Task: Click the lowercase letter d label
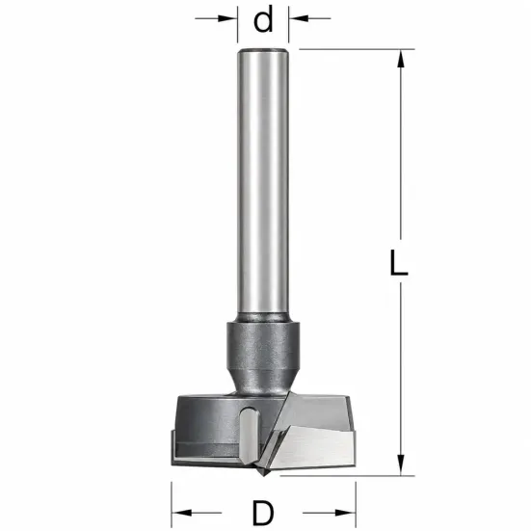263,20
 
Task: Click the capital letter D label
263,513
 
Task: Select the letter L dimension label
399,262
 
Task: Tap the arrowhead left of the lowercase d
227,18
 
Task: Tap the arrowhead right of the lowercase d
299,18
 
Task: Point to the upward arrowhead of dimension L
401,59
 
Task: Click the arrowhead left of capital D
181,513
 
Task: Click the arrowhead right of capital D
345,513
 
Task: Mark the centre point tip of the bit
264,476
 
